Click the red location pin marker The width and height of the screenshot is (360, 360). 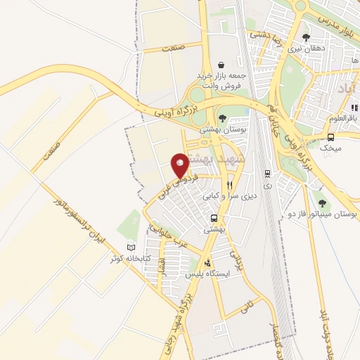(180, 165)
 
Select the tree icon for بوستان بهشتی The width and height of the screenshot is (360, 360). (222, 118)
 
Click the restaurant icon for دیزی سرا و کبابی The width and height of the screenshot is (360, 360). (227, 186)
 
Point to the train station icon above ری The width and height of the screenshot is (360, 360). (267, 173)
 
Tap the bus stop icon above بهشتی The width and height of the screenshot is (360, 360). (214, 217)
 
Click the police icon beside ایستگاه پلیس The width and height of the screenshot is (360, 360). (207, 262)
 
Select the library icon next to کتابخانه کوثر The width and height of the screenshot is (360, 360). (130, 247)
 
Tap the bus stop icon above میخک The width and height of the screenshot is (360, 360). (330, 137)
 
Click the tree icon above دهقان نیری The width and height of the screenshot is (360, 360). (306, 37)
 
